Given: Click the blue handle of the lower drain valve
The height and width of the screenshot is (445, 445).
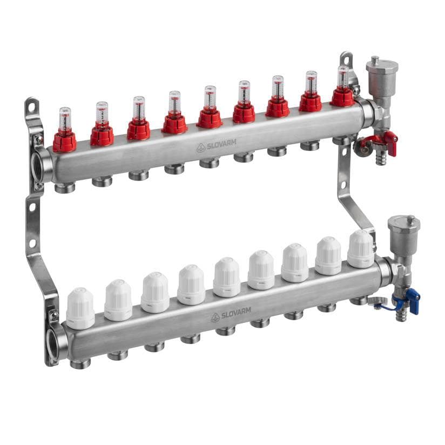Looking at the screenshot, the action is point(414,303).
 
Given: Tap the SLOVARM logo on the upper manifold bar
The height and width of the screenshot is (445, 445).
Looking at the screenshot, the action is point(216,146).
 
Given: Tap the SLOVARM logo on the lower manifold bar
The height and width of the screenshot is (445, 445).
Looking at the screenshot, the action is point(231,314).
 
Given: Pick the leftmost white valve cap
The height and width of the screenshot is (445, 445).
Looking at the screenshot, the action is point(80,308).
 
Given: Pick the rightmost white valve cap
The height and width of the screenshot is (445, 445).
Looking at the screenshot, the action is point(361,249).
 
